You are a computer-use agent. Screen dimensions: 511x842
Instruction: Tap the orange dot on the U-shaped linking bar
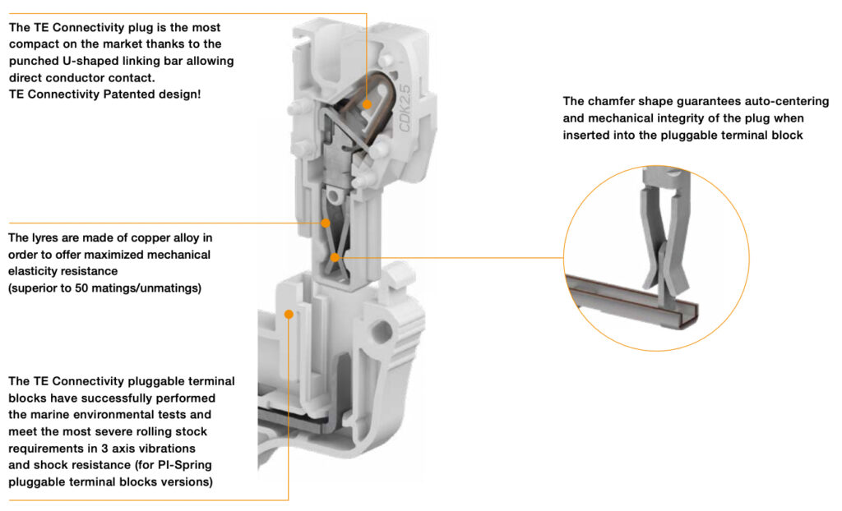(367, 104)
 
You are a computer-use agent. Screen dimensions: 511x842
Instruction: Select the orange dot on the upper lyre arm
(326, 223)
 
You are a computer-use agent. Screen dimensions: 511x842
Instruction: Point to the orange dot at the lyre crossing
(335, 257)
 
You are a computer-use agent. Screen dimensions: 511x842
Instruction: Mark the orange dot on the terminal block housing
(289, 313)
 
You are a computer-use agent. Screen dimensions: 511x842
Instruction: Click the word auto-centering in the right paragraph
(790, 102)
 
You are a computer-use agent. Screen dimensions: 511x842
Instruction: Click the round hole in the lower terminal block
(382, 334)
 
